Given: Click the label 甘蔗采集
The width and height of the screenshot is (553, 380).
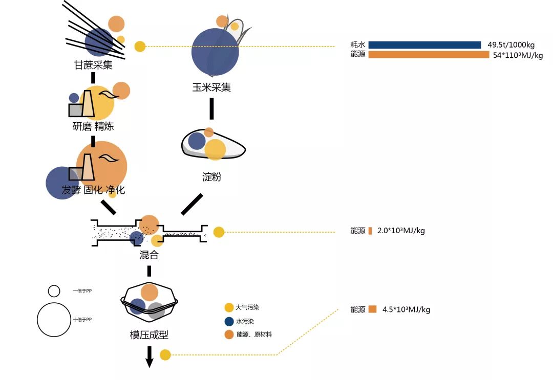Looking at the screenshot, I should pyautogui.click(x=93, y=65).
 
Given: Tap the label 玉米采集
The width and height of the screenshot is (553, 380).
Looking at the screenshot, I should pyautogui.click(x=211, y=87).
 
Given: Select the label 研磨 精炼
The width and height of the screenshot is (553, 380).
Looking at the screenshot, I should pyautogui.click(x=93, y=126).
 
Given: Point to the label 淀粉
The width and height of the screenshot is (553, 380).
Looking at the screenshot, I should pyautogui.click(x=211, y=177).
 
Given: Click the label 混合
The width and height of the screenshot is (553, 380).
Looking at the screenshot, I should pyautogui.click(x=148, y=254).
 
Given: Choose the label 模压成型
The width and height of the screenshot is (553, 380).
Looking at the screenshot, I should pyautogui.click(x=149, y=335).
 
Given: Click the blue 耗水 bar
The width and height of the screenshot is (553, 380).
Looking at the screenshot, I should pyautogui.click(x=424, y=45).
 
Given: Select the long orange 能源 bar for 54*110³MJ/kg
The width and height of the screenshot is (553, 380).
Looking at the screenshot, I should pyautogui.click(x=429, y=55).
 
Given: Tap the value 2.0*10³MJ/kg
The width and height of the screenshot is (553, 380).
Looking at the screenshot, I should pyautogui.click(x=401, y=231).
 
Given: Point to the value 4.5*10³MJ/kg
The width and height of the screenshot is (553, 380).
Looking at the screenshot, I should pyautogui.click(x=406, y=309).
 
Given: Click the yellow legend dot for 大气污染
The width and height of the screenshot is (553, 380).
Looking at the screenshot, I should pyautogui.click(x=229, y=308).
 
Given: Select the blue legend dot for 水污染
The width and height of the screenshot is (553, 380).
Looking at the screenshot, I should pyautogui.click(x=229, y=322).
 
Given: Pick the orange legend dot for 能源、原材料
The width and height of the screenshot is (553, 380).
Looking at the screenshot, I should pyautogui.click(x=229, y=334).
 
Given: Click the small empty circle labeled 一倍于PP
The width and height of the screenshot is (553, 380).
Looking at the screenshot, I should pyautogui.click(x=54, y=291).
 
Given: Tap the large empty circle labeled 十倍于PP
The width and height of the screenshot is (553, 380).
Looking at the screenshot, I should pyautogui.click(x=53, y=320).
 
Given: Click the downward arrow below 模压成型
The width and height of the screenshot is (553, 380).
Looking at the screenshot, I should pyautogui.click(x=150, y=356).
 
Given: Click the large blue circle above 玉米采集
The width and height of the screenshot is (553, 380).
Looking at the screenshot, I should pyautogui.click(x=215, y=51).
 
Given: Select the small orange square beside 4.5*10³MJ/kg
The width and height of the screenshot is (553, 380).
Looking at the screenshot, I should pyautogui.click(x=372, y=309).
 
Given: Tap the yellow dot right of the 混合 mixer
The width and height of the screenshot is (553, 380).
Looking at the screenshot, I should pyautogui.click(x=219, y=232).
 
